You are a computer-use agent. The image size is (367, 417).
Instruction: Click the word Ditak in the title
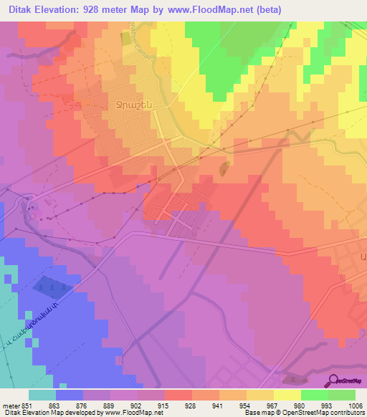point(24,10)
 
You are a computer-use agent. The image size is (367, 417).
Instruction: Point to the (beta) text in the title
point(266,10)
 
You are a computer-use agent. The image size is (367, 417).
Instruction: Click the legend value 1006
point(356,405)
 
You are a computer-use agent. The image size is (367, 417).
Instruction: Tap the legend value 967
point(274,405)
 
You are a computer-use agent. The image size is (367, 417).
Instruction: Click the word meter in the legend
point(9,405)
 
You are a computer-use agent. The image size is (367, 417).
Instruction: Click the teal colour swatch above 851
point(42,395)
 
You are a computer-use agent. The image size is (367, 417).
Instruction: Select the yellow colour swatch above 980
point(287,395)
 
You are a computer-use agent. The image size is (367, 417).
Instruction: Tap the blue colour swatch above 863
point(70,395)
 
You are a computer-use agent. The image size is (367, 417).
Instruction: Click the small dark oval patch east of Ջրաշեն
point(224,169)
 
